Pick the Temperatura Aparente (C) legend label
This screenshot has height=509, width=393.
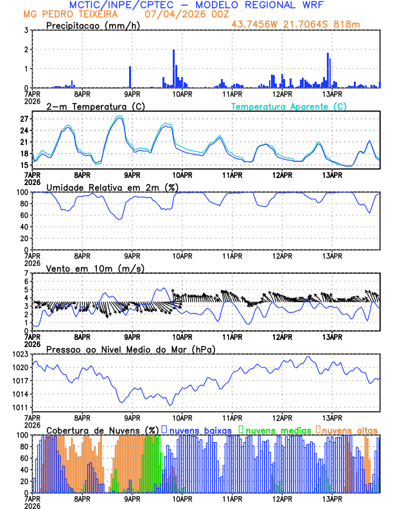point(289,106)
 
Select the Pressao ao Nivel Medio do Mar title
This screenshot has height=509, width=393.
point(130,349)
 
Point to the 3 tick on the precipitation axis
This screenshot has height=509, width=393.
point(26,30)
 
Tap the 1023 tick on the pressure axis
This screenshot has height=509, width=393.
point(21,354)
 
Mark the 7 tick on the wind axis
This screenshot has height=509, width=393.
point(26,273)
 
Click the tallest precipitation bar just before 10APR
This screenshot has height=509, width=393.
point(174,68)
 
